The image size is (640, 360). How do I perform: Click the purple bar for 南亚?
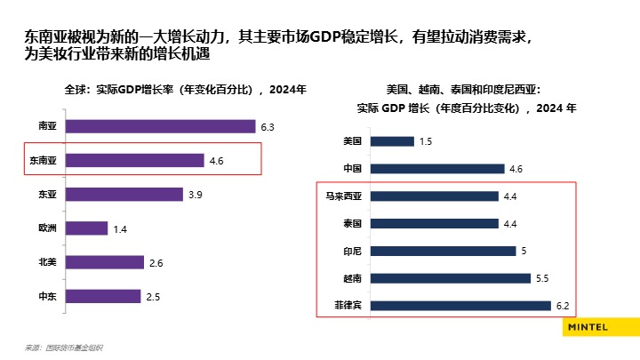[x=160, y=127]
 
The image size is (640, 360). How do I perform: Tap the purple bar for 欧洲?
[x=87, y=228]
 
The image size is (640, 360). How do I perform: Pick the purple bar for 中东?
[x=104, y=296]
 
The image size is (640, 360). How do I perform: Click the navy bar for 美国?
[x=392, y=141]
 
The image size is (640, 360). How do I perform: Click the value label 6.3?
[x=268, y=127]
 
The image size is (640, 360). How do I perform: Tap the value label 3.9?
[x=196, y=195]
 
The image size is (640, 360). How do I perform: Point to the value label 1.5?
[x=426, y=141]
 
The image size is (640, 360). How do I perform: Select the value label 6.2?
[x=563, y=306]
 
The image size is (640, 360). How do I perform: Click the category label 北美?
[x=47, y=262]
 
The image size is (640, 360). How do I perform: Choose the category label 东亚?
[x=47, y=195]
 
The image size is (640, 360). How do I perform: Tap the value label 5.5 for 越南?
[x=544, y=278]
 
